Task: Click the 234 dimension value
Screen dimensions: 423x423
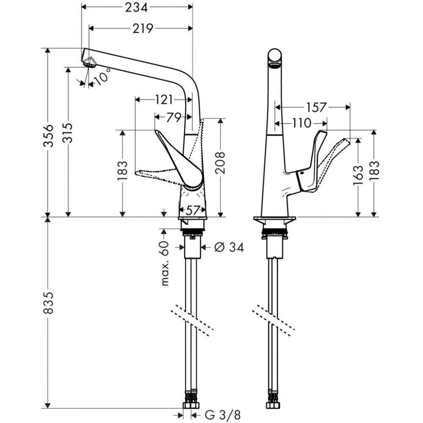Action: (136, 7)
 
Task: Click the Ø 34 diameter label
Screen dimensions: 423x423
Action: (229, 247)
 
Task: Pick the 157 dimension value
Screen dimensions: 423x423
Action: (317, 107)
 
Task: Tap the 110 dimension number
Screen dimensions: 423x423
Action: (301, 123)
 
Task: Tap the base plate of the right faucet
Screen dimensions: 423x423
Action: (275, 220)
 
